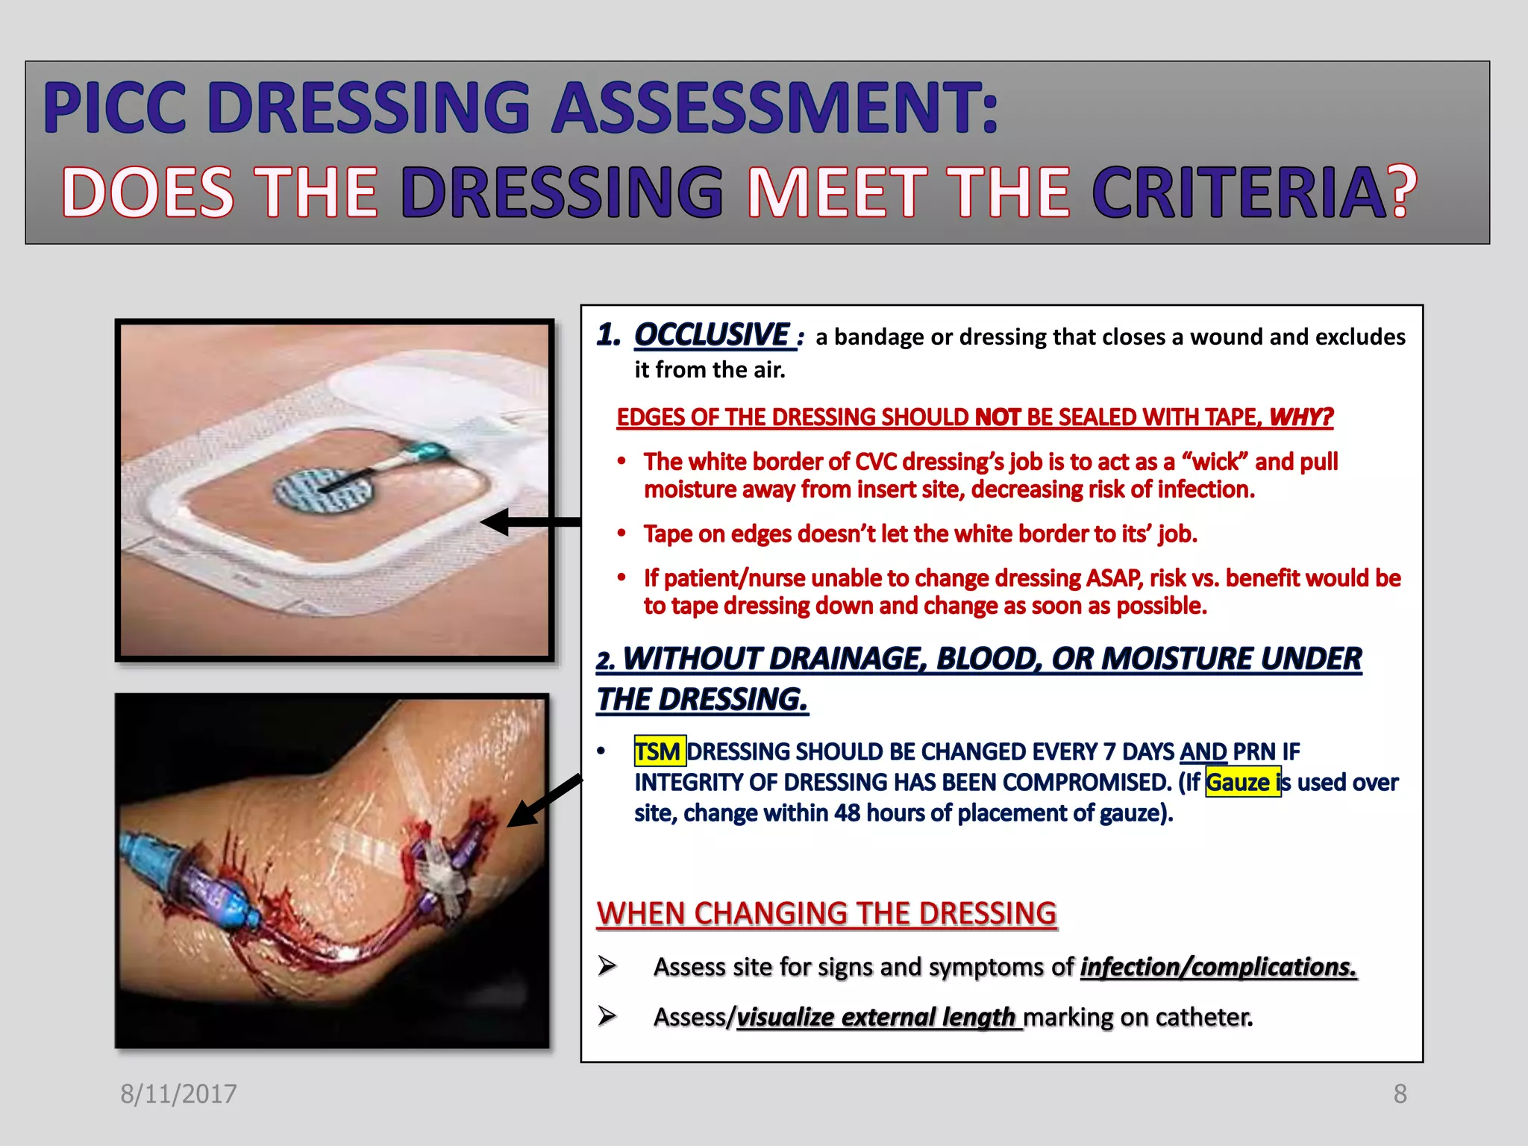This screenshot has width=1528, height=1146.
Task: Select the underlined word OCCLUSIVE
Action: [713, 335]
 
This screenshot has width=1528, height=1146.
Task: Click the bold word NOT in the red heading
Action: [998, 417]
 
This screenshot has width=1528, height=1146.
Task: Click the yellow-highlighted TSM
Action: [658, 751]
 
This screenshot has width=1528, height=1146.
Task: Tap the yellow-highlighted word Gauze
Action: [1239, 782]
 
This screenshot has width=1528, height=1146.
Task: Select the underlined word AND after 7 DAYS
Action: [1203, 751]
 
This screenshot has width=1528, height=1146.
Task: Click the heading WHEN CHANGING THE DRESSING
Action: [827, 914]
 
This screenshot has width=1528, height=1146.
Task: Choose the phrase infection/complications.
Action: [1218, 967]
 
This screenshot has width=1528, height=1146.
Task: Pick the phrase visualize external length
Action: [877, 1017]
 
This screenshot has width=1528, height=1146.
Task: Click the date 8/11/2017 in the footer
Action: [178, 1094]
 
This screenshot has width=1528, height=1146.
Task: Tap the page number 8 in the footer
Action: [1400, 1094]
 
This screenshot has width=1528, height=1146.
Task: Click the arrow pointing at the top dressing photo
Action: [530, 522]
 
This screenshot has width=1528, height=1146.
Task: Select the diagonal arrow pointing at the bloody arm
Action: [545, 800]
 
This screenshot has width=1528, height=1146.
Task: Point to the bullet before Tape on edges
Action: [621, 533]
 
